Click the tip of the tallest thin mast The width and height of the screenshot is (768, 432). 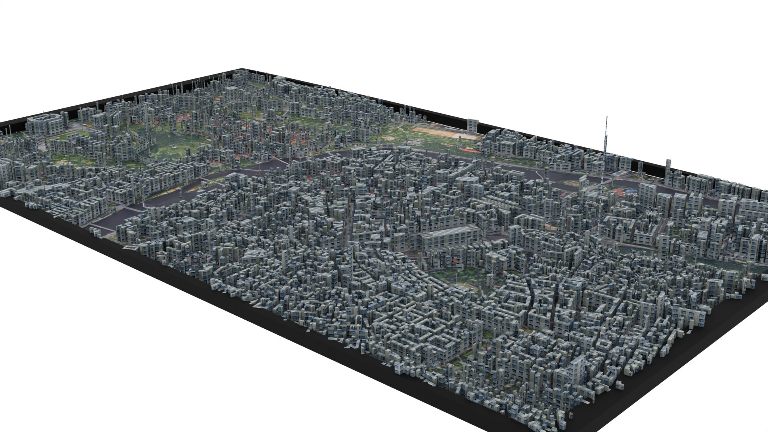(x=607, y=117)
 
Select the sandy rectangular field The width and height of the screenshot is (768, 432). (x=444, y=132)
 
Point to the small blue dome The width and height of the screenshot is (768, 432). (x=631, y=192)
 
